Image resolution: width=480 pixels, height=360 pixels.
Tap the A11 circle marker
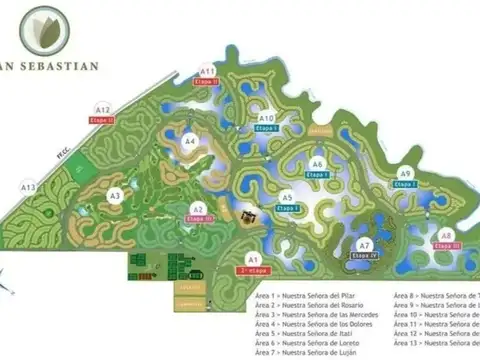tap(207, 72)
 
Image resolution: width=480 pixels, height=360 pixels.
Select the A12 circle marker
tap(103, 108)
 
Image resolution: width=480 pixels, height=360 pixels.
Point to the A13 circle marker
tap(29, 186)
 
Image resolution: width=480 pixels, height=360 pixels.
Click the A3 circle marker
tap(115, 196)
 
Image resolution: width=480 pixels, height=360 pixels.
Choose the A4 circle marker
tap(190, 141)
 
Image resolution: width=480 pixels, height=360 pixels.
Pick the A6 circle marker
tap(317, 164)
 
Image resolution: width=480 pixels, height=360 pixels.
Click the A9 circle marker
tap(406, 172)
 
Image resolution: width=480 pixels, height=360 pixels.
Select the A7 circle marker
tap(365, 245)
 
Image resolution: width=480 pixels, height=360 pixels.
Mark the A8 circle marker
tap(446, 235)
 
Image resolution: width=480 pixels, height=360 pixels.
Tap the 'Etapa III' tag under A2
tap(201, 219)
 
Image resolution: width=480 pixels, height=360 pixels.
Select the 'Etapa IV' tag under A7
tap(365, 256)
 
